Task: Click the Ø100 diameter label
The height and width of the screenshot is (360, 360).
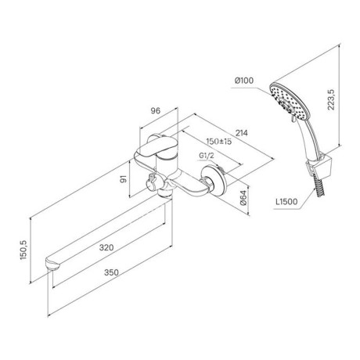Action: (x=244, y=81)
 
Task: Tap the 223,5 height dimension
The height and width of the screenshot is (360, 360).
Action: (x=331, y=99)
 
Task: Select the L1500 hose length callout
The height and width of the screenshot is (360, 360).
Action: (x=286, y=201)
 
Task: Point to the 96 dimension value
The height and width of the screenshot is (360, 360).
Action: (x=156, y=110)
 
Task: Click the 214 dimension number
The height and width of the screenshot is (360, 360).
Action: (x=242, y=133)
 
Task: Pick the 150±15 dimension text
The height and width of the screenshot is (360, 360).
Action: (x=219, y=142)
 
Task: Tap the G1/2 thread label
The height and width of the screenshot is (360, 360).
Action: (x=207, y=156)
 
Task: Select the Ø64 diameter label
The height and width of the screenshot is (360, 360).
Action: (x=243, y=198)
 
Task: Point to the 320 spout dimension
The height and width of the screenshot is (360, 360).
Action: (x=106, y=247)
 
